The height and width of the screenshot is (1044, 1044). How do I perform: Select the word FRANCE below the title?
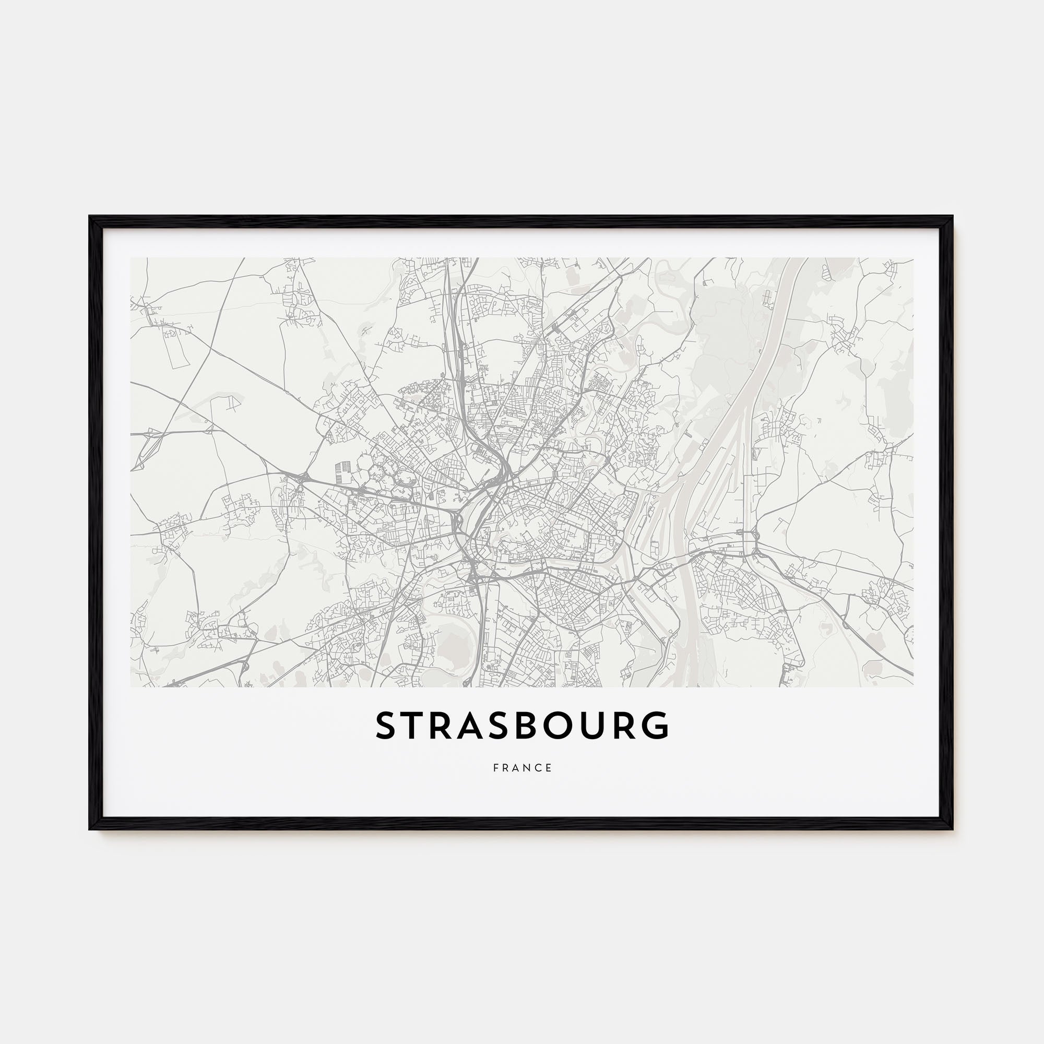(523, 768)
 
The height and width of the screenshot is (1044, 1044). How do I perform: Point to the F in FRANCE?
(495, 768)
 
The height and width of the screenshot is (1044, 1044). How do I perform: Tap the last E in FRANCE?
(549, 768)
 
